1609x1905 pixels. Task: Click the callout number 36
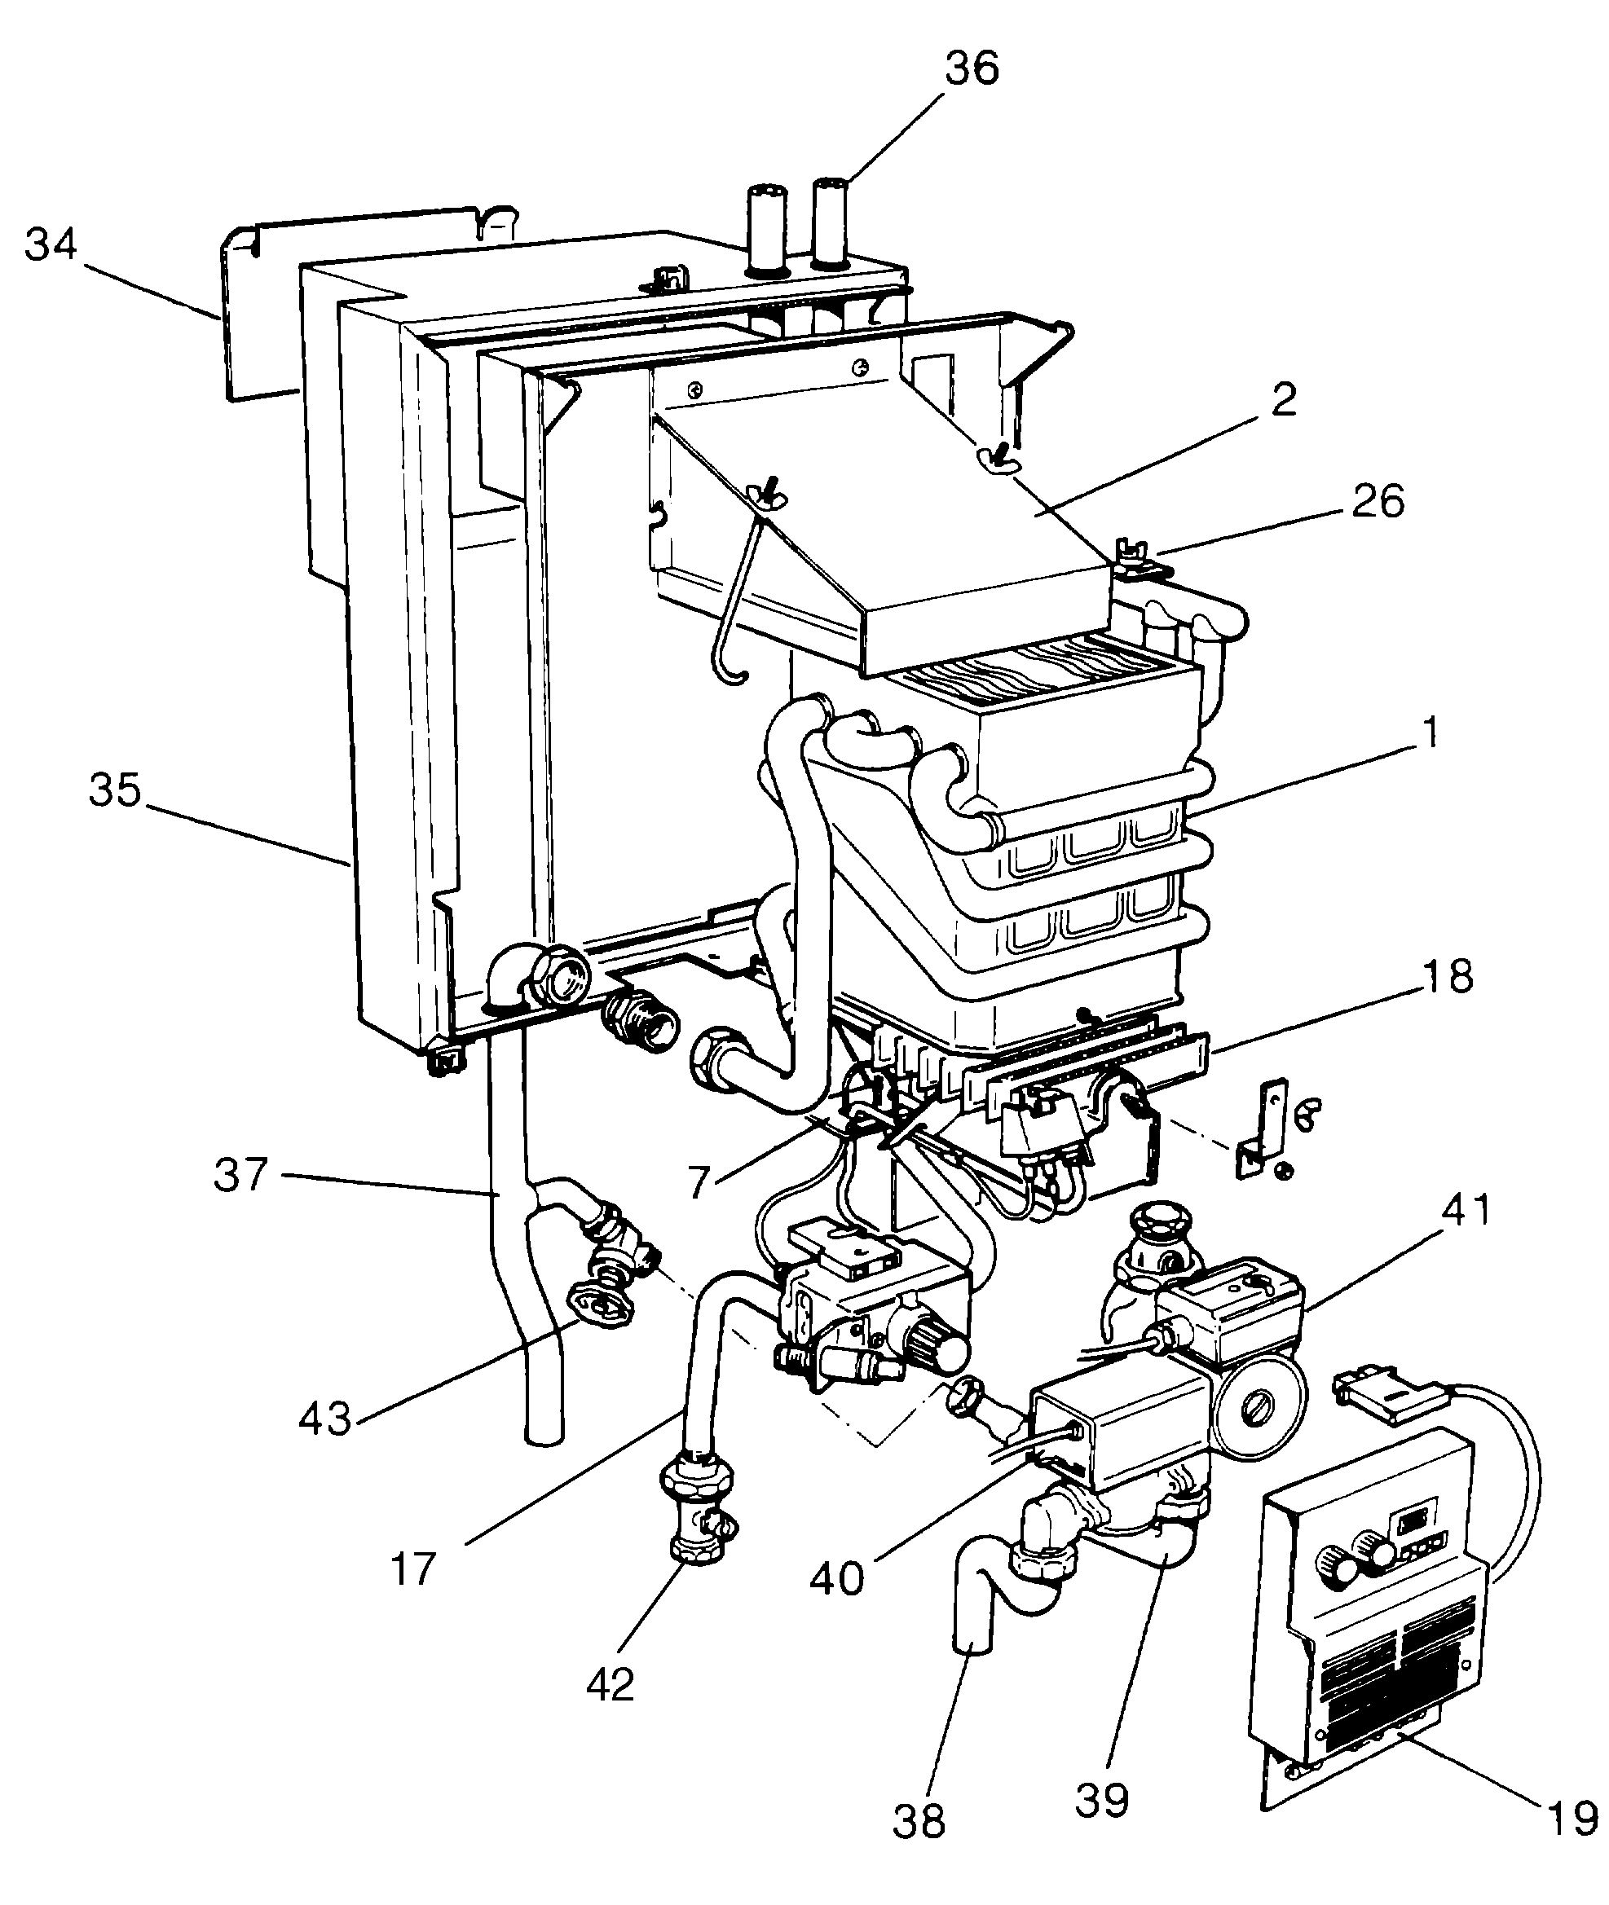972,68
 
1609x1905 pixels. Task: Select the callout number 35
116,790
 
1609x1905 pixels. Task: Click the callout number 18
1448,977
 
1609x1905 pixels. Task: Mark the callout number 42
610,1684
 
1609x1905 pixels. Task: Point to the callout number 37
240,1175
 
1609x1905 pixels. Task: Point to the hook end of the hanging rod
734,676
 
